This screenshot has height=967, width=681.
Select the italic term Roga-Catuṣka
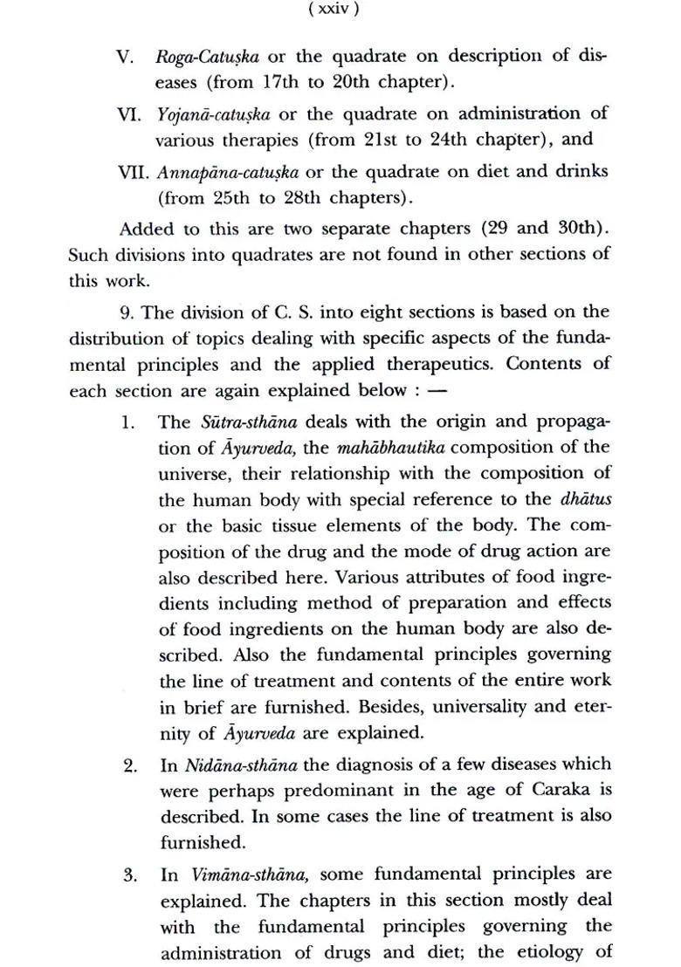[206, 58]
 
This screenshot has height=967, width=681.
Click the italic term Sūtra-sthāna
[249, 422]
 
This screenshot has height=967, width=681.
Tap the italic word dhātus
[586, 500]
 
